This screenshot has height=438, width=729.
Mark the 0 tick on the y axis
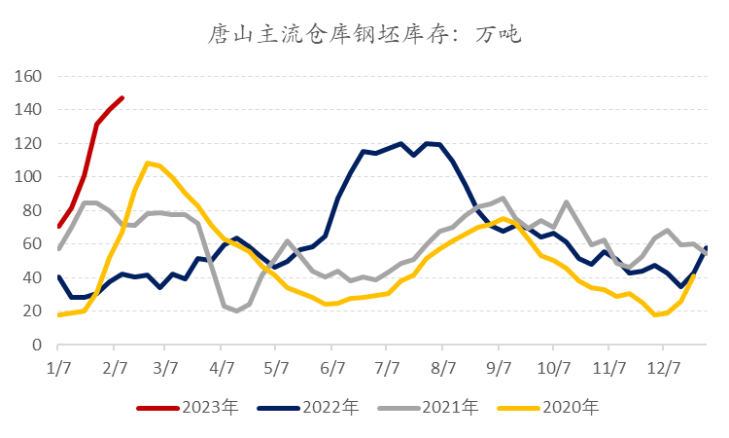coord(39,345)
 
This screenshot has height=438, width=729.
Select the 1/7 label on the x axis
coord(59,368)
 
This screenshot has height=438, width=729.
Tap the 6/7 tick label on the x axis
coord(334,368)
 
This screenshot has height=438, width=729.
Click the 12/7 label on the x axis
coord(663,368)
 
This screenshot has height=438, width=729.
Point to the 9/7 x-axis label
coord(500,368)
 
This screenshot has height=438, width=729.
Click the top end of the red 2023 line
coord(121,97)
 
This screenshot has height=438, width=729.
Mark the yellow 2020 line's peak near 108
coord(147,163)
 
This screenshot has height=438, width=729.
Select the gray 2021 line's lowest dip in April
coord(236,311)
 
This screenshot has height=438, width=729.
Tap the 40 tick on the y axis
coord(34,277)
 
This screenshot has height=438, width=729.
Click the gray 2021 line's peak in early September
coord(501,199)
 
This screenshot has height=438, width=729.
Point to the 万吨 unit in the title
coord(500,36)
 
